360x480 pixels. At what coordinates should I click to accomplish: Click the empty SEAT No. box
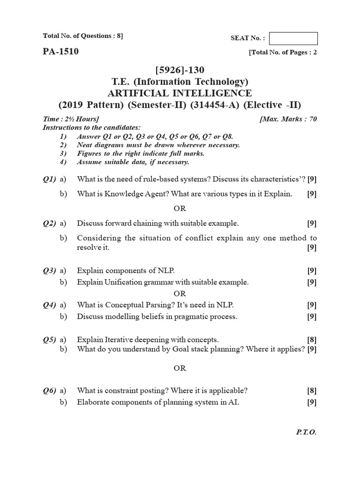coord(293,38)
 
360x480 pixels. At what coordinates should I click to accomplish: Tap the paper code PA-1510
coord(60,52)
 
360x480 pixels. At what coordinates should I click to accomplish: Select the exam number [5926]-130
coord(180,70)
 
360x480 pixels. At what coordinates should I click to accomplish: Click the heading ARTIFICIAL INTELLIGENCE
coord(180,93)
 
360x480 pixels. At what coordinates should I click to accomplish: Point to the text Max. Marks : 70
coord(288,119)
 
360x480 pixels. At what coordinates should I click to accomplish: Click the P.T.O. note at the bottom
coord(307,432)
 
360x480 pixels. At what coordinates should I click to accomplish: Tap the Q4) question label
coord(49,305)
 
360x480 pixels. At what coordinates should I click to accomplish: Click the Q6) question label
coord(49,390)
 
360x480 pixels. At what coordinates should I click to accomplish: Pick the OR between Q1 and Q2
coord(180,208)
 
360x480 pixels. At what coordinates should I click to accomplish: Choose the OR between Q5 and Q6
coord(180,368)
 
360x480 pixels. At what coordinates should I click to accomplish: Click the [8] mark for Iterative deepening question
coord(312,339)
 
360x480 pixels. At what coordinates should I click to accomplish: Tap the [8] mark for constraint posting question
coord(312,390)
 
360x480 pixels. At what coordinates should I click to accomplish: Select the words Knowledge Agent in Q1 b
coord(124,194)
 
